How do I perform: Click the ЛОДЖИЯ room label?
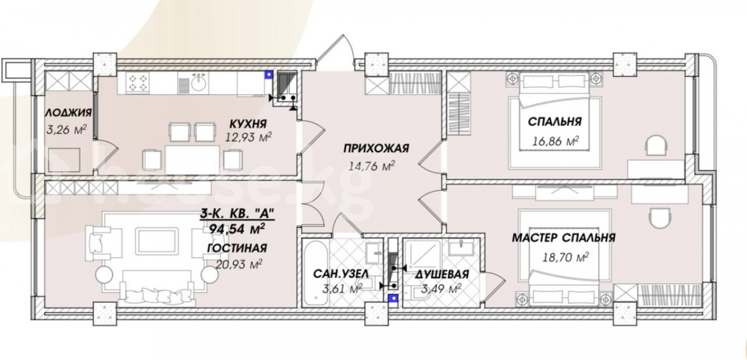(68, 113)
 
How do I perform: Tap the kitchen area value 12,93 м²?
(248, 137)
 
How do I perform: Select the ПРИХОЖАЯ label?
(376, 148)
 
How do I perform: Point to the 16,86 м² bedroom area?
(555, 141)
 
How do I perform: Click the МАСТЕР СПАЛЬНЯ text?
(563, 238)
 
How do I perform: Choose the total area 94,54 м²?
(237, 229)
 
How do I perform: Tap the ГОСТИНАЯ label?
(237, 249)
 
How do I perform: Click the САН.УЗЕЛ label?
(341, 274)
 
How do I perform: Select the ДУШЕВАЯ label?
(442, 274)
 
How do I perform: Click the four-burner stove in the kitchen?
(138, 83)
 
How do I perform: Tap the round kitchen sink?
(199, 82)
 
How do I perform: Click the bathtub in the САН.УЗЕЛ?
(315, 273)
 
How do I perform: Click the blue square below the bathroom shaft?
(394, 298)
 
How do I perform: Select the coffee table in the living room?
(157, 240)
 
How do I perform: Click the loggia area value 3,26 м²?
(67, 130)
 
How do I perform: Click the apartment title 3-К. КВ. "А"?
(237, 213)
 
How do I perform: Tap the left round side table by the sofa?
(105, 275)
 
